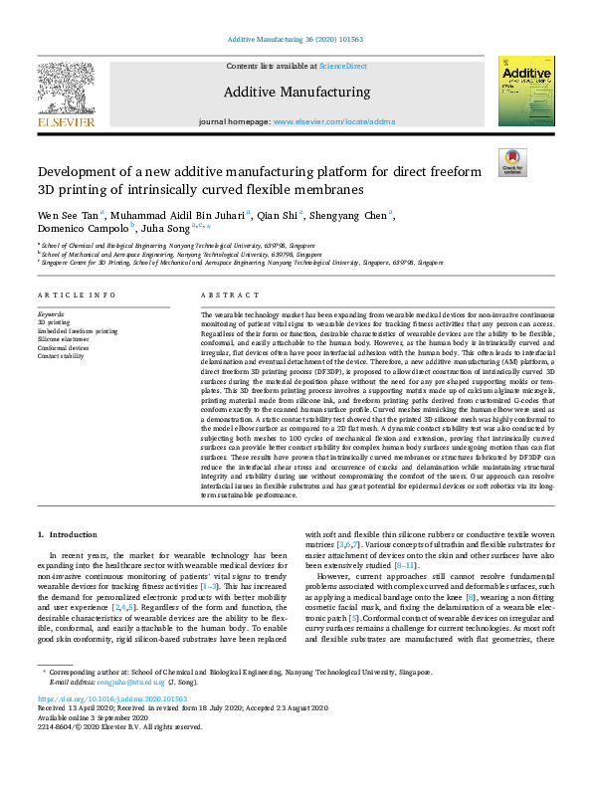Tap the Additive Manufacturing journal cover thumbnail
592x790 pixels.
click(525, 91)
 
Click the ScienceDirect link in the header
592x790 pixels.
click(343, 66)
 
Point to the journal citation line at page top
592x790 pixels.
click(296, 39)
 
